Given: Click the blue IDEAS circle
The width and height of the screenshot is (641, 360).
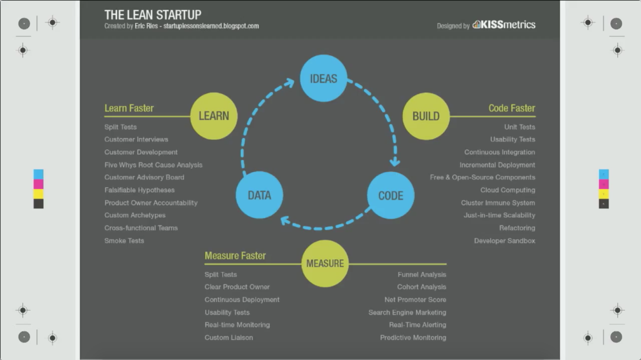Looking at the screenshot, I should pos(323,78).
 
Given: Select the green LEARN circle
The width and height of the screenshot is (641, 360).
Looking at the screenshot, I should pos(214,116).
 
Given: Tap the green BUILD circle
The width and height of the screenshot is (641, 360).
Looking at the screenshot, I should pos(426,116).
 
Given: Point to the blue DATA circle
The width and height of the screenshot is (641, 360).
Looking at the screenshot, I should pos(259,195).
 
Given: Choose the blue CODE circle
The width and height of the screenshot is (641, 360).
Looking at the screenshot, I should pos(391,195).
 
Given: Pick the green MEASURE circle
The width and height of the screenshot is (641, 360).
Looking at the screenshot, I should pos(325,263).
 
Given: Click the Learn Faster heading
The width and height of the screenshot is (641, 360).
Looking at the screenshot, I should pos(129,108).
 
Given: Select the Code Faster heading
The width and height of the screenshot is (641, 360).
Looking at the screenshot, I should pos(512,108).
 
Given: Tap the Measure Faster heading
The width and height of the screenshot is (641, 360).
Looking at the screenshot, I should pos(235,255).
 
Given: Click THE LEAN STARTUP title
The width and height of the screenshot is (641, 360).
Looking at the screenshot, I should pos(153,15).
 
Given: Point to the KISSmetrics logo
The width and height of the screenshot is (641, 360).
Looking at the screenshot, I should pos(504,25).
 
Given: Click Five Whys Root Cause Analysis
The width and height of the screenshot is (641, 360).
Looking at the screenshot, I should pos(153,165).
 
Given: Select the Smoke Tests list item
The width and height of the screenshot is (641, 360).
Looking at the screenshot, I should pos(124,241).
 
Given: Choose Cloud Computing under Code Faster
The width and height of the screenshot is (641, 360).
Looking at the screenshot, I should pos(508,190).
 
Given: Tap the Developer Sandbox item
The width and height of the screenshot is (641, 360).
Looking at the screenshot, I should pos(504,241).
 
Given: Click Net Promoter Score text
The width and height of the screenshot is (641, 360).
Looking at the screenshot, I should pos(415,300).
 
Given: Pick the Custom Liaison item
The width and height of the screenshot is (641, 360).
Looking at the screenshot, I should pos(229,338).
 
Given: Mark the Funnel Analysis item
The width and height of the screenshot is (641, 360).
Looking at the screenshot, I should pos(422,274).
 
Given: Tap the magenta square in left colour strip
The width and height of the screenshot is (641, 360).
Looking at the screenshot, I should pos(38,184).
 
